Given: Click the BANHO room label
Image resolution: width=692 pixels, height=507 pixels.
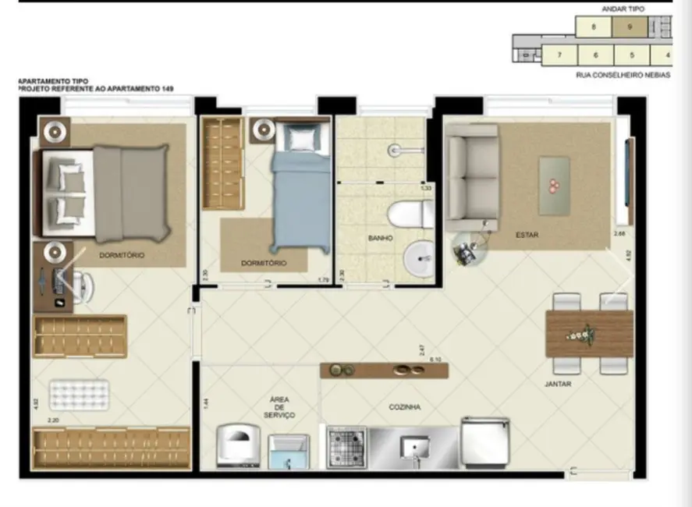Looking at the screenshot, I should pyautogui.click(x=381, y=238).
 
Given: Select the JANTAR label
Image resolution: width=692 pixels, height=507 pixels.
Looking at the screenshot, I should pyautogui.click(x=558, y=384).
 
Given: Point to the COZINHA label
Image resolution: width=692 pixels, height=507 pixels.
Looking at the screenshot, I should pyautogui.click(x=405, y=407).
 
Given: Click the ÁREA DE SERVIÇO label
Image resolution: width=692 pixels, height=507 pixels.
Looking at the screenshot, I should pyautogui.click(x=279, y=407).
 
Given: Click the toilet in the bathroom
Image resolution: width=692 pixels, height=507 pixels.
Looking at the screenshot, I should pyautogui.click(x=410, y=214).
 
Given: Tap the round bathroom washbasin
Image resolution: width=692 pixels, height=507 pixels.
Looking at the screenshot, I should pyautogui.click(x=421, y=257).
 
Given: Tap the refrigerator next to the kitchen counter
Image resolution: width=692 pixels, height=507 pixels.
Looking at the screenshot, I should pyautogui.click(x=485, y=441).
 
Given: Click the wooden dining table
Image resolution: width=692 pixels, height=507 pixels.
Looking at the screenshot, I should pyautogui.click(x=590, y=333).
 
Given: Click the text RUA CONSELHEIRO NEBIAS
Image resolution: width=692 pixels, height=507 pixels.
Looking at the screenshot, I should pyautogui.click(x=623, y=76).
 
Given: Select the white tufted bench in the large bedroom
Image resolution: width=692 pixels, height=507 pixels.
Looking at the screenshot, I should pyautogui.click(x=79, y=394).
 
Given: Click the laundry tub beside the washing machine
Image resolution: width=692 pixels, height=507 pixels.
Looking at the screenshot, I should pyautogui.click(x=289, y=452).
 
